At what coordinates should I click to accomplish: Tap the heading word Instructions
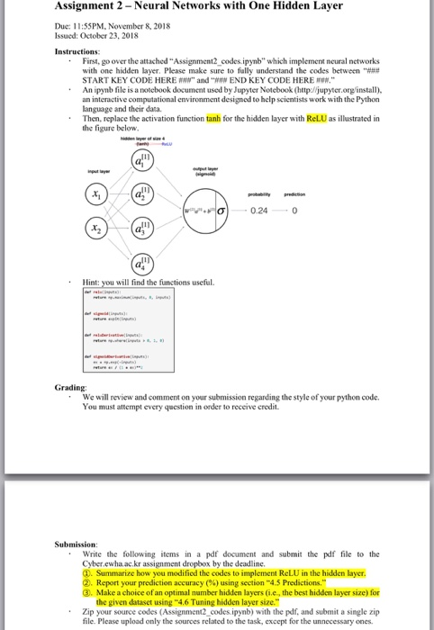pos(78,51)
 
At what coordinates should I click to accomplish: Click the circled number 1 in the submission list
pos(86,571)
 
